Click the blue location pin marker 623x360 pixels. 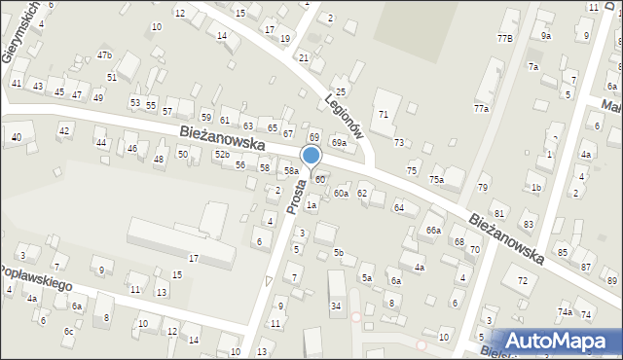pos(311,157)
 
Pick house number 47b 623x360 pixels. pos(104,55)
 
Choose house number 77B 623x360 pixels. pos(504,38)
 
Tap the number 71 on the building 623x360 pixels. pos(384,115)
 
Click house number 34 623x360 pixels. pos(336,306)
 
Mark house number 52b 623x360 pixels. pos(223,156)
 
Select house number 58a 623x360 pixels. pos(291,171)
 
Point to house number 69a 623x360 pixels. pos(338,143)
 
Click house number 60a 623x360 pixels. pos(341,194)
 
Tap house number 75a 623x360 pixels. pos(437,180)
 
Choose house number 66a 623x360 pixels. pos(433,230)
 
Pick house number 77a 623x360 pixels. pos(481,109)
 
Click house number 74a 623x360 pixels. pos(565,311)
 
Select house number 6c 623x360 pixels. pos(68,332)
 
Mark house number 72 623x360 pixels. pos(523,281)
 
